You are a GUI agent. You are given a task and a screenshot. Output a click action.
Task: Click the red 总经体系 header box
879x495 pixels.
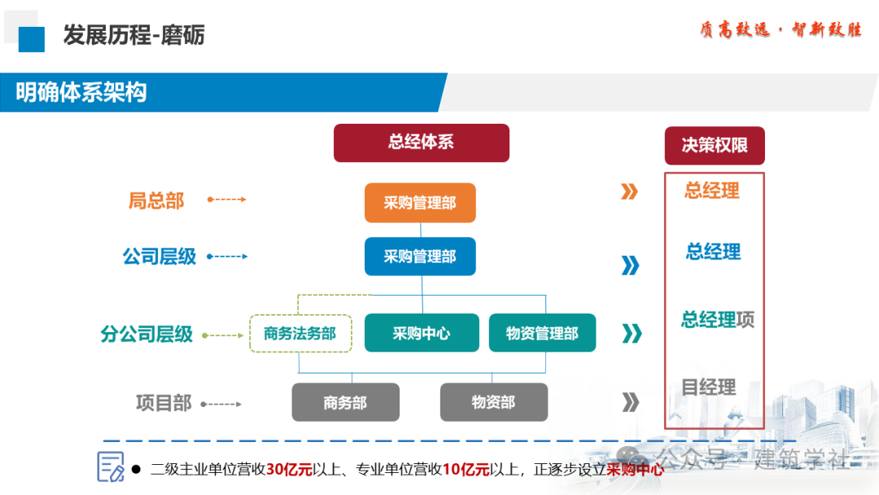click(x=421, y=142)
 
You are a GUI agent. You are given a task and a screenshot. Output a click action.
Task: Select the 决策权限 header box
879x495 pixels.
click(x=715, y=146)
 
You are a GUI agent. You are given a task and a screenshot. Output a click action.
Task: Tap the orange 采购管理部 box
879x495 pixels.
click(x=420, y=203)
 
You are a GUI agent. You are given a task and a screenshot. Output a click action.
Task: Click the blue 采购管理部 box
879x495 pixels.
click(x=420, y=256)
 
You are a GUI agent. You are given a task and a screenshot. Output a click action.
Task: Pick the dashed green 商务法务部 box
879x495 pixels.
click(x=300, y=333)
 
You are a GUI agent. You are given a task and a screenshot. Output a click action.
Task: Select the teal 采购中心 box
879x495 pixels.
click(x=422, y=333)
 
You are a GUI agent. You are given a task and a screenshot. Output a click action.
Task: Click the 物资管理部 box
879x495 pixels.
click(x=542, y=333)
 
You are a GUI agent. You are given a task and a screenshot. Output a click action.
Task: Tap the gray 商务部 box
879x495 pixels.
click(x=345, y=402)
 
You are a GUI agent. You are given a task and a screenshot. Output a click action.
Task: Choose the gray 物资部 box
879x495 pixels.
click(x=493, y=402)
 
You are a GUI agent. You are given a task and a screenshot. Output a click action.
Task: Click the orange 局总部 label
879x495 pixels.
click(x=156, y=200)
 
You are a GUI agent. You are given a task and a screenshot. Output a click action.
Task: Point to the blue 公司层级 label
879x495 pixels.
click(x=160, y=256)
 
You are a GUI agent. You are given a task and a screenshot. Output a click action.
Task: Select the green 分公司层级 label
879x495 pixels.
click(x=146, y=334)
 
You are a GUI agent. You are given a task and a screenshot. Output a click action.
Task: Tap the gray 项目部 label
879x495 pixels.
click(x=164, y=403)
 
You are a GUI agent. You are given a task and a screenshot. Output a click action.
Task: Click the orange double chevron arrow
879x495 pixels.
click(x=629, y=192)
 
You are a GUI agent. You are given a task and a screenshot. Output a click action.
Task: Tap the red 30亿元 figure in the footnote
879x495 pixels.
click(x=289, y=469)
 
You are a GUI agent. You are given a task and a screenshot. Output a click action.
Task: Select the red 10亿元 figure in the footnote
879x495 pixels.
click(x=466, y=469)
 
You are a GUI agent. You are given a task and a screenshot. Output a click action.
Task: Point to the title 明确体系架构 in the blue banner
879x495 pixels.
click(x=81, y=92)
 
